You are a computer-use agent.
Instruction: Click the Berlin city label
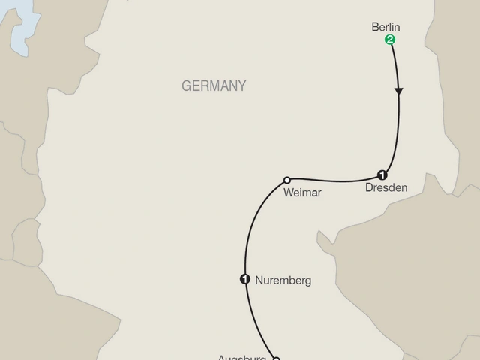click(387, 28)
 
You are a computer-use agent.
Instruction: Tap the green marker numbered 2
click(389, 40)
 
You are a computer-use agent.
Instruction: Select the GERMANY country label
click(214, 86)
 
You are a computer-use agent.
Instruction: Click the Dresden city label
click(386, 188)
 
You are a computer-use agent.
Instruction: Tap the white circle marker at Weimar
click(287, 180)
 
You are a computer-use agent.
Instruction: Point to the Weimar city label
click(303, 193)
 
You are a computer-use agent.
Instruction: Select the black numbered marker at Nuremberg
click(244, 280)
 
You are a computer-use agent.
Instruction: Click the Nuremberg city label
click(283, 281)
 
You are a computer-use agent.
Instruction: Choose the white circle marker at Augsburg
click(276, 358)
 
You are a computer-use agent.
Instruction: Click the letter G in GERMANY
click(186, 86)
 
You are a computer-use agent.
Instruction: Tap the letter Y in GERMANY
click(241, 86)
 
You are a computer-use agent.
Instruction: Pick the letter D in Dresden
click(369, 188)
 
